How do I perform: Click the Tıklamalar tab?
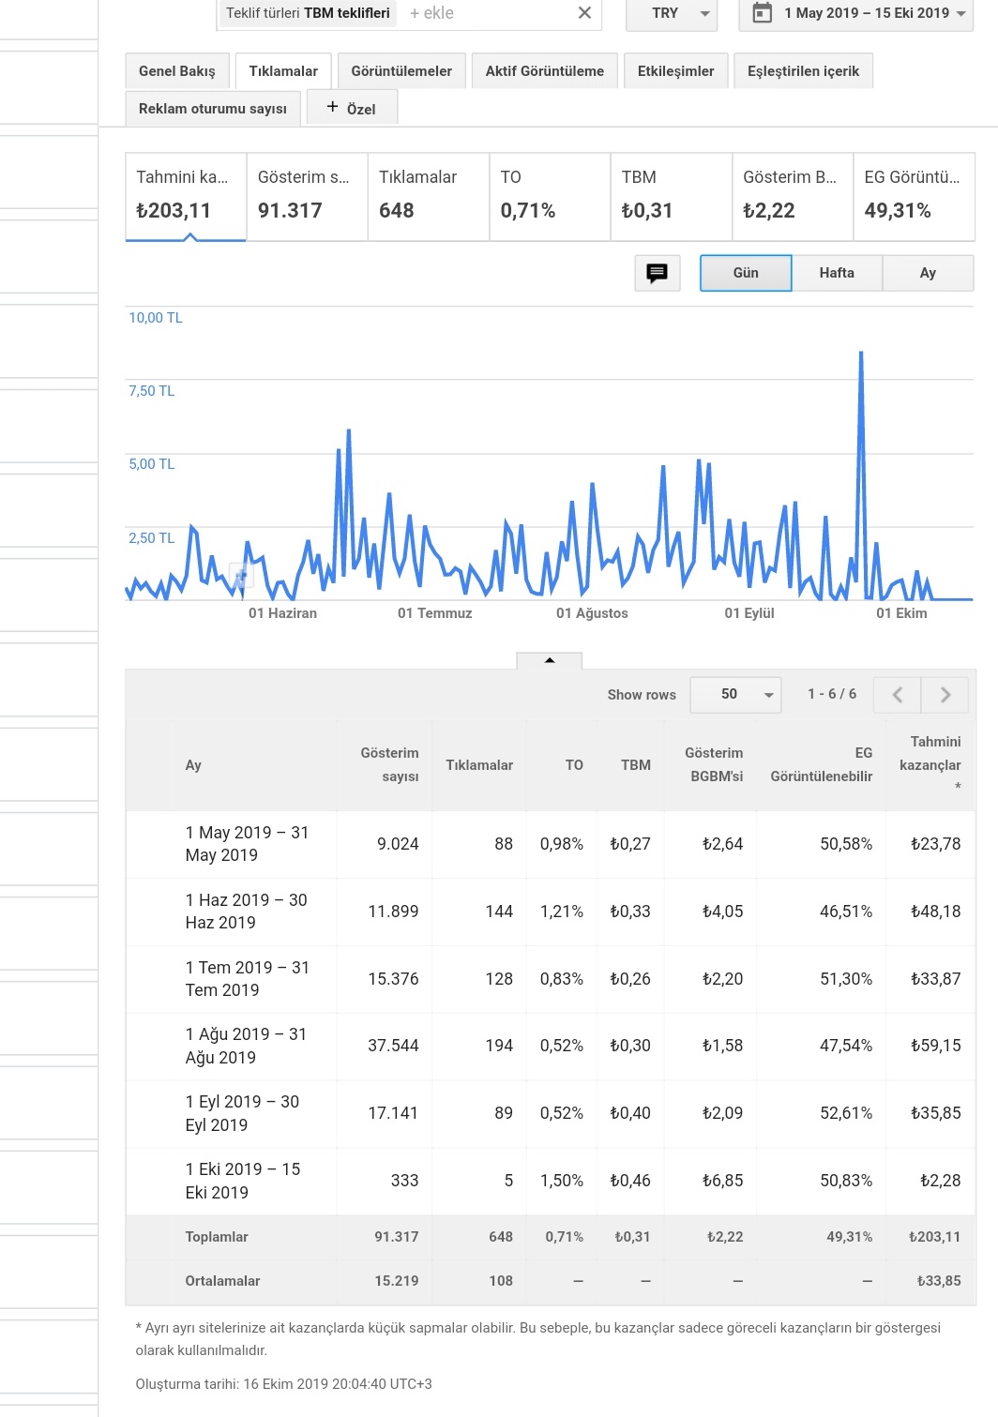tap(283, 71)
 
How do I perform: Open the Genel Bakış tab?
tap(176, 71)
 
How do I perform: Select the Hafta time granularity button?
tap(837, 273)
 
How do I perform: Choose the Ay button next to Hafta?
tap(928, 273)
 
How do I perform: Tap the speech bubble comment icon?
tap(657, 273)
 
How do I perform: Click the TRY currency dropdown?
tap(672, 13)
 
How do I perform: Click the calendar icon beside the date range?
tap(762, 12)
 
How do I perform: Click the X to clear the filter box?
tap(584, 12)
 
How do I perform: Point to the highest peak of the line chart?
tap(861, 353)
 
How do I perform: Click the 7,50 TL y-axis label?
tap(152, 391)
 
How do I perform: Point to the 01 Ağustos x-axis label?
tap(592, 613)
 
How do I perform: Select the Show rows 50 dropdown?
tap(735, 695)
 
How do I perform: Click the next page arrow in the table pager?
tap(945, 695)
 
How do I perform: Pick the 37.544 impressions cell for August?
tap(393, 1045)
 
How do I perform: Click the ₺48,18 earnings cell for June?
tap(935, 911)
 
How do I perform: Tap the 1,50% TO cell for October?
tap(561, 1180)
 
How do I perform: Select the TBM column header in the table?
tap(635, 765)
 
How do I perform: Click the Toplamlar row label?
tap(217, 1237)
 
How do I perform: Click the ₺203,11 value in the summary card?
tap(174, 210)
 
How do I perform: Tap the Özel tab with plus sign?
tap(352, 108)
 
